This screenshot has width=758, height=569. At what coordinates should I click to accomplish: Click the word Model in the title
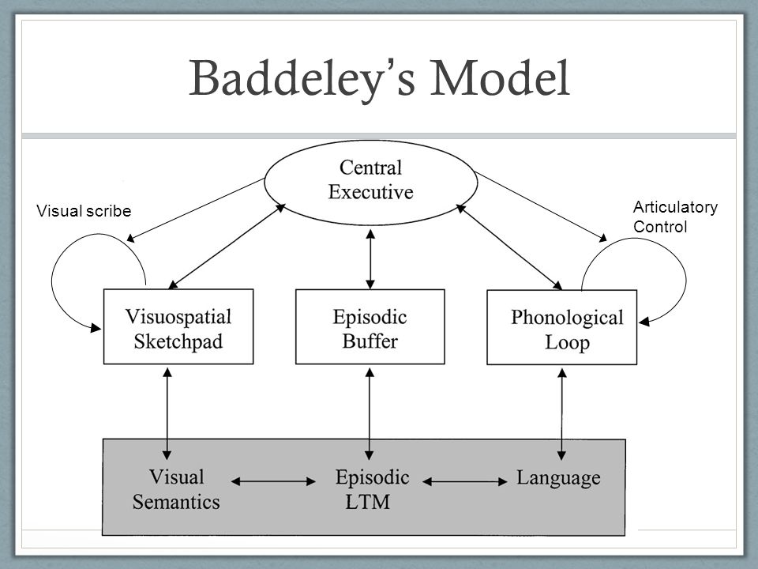pyautogui.click(x=500, y=77)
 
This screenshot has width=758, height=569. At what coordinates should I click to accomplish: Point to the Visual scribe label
pyautogui.click(x=84, y=211)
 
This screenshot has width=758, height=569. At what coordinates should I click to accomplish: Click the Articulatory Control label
pyautogui.click(x=675, y=217)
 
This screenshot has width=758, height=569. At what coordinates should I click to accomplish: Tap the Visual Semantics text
pyautogui.click(x=176, y=489)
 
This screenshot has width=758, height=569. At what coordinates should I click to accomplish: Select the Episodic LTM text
pyautogui.click(x=372, y=489)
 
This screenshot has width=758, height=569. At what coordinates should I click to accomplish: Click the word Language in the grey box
pyautogui.click(x=558, y=478)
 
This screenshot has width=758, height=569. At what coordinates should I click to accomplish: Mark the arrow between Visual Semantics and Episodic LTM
pyautogui.click(x=274, y=481)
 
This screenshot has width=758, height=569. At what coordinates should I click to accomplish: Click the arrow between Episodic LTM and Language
pyautogui.click(x=464, y=481)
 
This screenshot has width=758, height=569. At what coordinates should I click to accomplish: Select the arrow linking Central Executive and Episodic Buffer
pyautogui.click(x=370, y=259)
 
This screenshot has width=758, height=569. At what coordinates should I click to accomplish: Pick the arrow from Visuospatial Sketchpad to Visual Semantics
pyautogui.click(x=167, y=413)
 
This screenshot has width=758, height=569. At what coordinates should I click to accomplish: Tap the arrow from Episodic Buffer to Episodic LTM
pyautogui.click(x=370, y=413)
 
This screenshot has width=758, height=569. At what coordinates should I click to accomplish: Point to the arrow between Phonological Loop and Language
pyautogui.click(x=561, y=414)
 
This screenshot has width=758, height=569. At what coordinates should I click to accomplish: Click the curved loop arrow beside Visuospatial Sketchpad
pyautogui.click(x=52, y=281)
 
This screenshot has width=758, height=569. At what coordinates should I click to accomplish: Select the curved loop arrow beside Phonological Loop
pyautogui.click(x=685, y=280)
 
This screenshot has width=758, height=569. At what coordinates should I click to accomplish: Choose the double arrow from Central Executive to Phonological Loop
pyautogui.click(x=509, y=247)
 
